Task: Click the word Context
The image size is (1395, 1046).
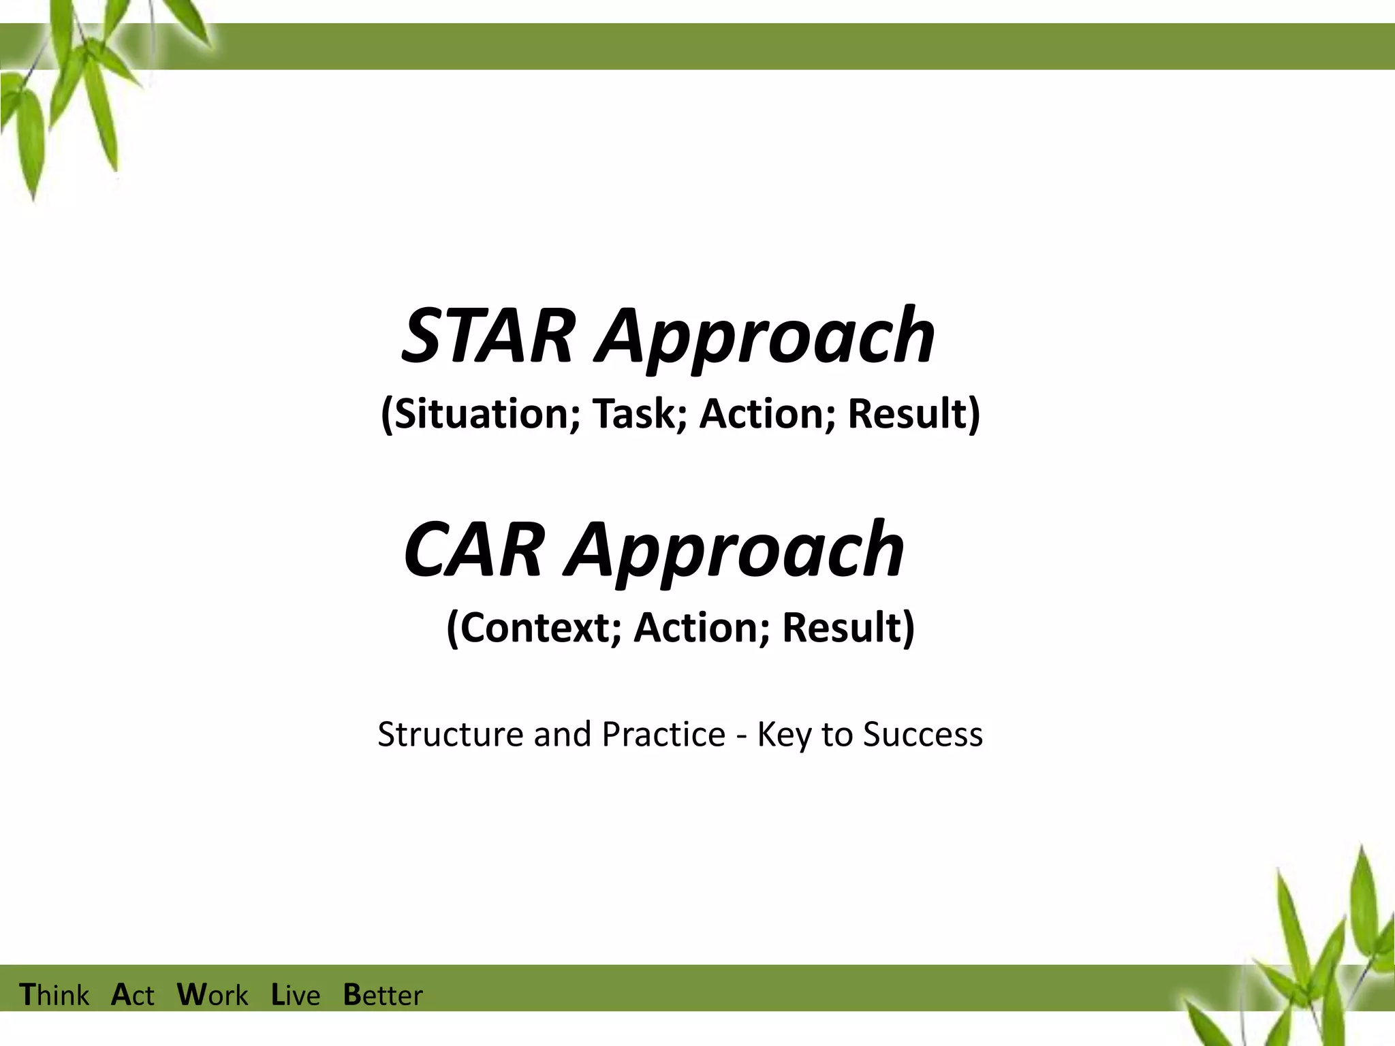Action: point(533,627)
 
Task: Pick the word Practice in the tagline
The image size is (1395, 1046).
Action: point(663,734)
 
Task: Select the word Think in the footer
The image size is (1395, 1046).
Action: point(54,995)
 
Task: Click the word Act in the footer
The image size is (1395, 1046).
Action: point(133,995)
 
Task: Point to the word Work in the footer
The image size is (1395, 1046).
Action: point(213,995)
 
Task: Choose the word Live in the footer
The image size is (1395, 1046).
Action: point(296,995)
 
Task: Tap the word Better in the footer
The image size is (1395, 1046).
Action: point(383,995)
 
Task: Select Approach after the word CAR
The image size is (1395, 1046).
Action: point(735,552)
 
